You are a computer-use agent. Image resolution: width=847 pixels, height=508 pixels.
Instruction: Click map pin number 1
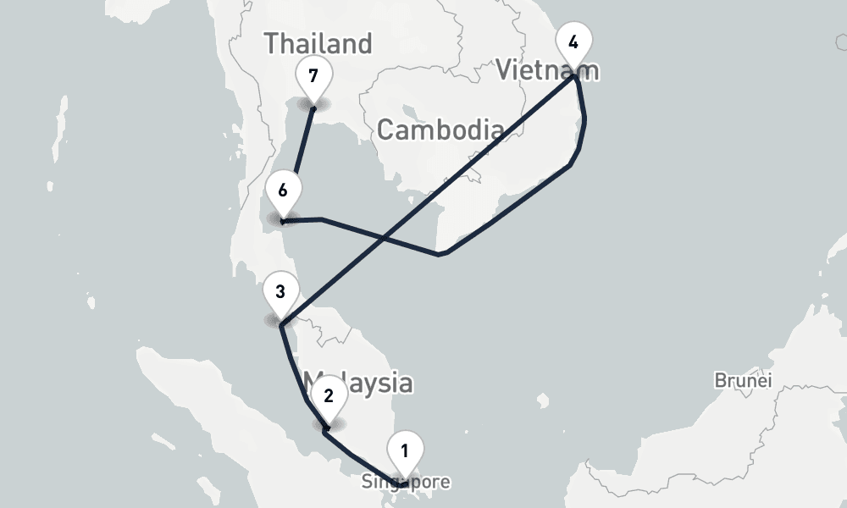[405, 452]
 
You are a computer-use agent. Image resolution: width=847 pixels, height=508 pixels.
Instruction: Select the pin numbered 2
[329, 396]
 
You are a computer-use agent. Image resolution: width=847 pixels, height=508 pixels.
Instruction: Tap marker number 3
[280, 293]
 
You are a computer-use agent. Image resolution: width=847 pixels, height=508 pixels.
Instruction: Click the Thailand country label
[318, 43]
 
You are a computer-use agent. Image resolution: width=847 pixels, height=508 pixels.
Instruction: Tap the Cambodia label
[440, 130]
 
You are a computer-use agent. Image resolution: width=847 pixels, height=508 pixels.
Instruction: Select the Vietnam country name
[547, 69]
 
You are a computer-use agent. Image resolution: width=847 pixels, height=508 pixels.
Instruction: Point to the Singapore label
[406, 483]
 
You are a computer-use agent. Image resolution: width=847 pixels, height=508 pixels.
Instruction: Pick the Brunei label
[743, 380]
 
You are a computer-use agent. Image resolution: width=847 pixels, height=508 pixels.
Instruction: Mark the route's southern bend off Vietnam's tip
[439, 253]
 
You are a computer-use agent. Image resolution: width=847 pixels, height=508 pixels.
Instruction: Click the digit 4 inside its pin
[573, 42]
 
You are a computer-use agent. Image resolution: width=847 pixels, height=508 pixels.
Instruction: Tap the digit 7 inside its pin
[313, 76]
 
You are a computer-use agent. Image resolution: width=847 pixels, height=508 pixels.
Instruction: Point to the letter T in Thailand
[272, 43]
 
